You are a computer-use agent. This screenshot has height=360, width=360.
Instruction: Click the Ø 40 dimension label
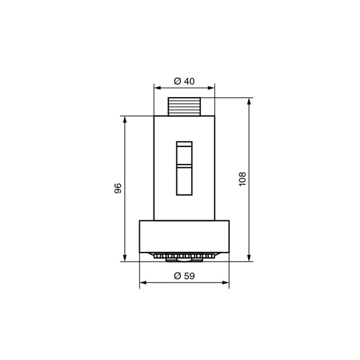184,81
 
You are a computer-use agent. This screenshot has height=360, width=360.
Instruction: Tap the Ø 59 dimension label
184,276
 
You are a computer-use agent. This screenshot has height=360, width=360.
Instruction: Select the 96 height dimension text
118,188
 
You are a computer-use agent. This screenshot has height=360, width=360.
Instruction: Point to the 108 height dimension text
242,179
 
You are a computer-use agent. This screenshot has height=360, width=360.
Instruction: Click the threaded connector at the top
184,107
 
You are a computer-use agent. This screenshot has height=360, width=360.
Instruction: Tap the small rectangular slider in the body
184,168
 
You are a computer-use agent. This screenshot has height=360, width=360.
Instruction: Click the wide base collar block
184,236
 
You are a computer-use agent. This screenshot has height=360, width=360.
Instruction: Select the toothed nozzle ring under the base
184,256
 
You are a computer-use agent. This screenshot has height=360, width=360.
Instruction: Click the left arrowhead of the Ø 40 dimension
157,88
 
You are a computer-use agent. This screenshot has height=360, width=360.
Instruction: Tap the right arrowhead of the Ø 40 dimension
211,88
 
